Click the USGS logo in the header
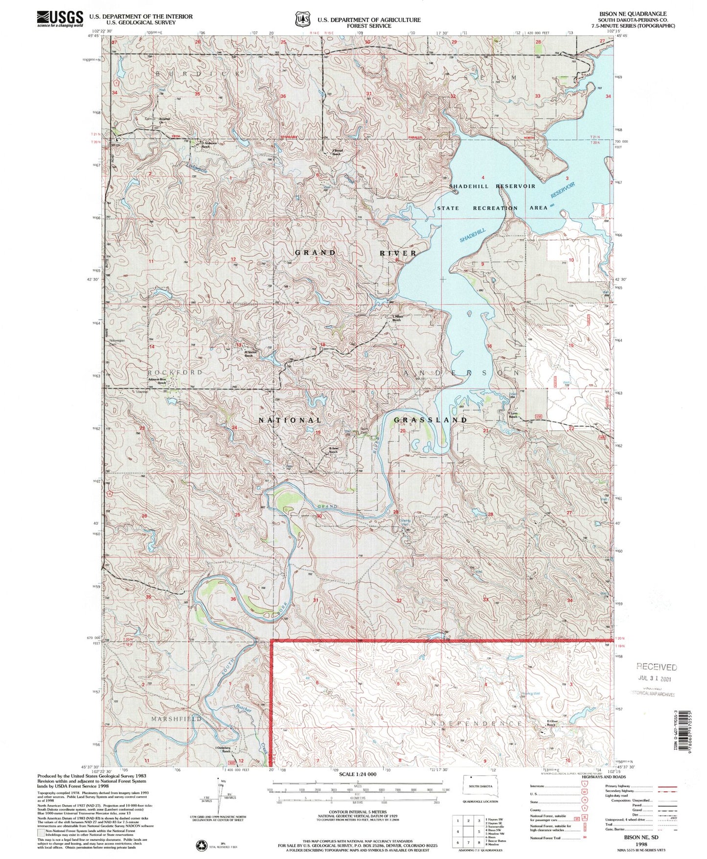59,18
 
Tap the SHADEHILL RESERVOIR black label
492,186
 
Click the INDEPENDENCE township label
473,723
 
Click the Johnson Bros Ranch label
161,384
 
